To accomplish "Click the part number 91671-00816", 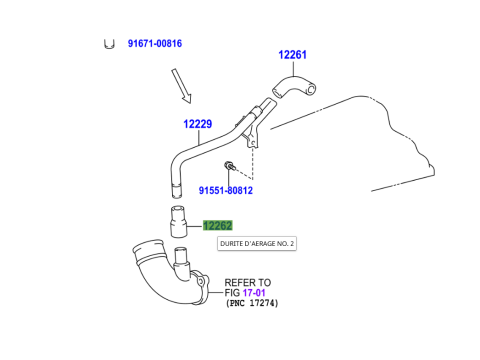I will coord(154,44).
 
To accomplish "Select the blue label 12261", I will coord(292,55).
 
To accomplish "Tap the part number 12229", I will coord(197,124).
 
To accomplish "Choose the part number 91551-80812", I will coord(225,190).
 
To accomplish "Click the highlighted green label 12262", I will coord(218,226).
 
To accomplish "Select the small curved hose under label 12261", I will coord(292,89).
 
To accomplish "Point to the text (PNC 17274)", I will coord(251,303).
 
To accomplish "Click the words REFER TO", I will coord(248,282).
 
